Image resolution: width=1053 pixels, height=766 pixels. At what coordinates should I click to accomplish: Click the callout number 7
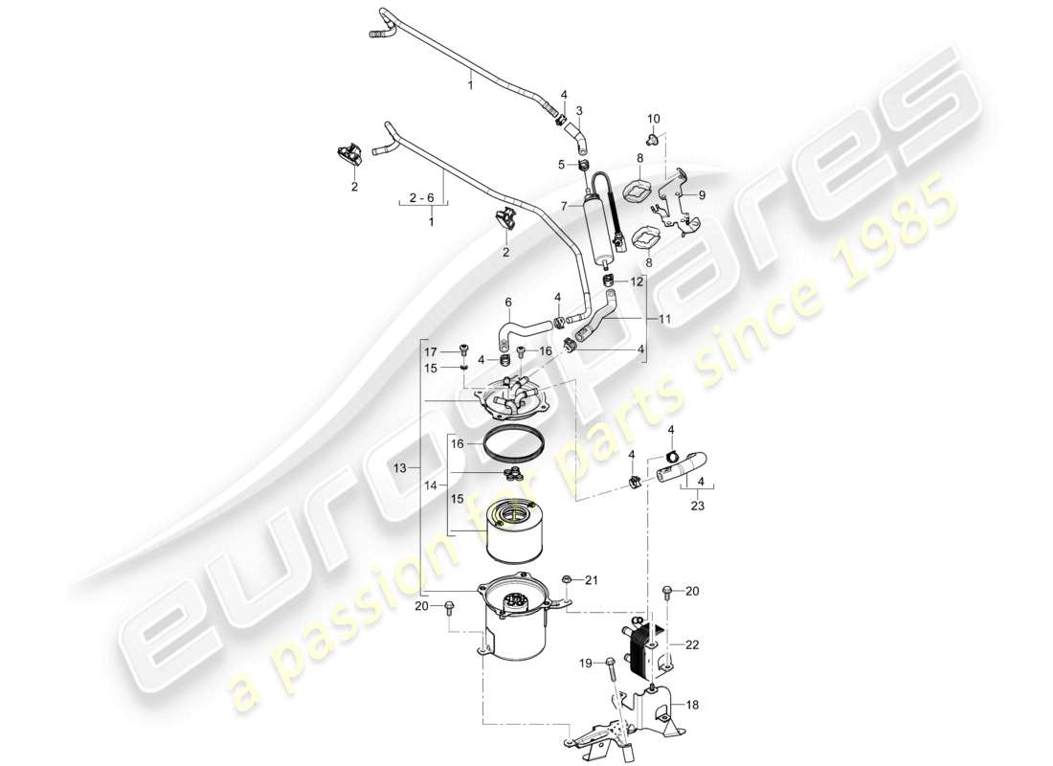(566, 204)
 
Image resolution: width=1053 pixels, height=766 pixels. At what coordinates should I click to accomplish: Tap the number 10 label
(654, 118)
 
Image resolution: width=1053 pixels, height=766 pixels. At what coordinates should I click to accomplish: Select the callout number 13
(400, 466)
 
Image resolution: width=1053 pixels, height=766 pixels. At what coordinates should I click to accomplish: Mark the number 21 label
(591, 580)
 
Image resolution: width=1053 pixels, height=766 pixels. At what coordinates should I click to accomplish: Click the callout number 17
(432, 352)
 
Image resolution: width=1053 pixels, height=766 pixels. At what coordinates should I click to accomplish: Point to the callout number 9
(702, 194)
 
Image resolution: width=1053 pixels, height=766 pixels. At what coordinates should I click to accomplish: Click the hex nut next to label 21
(568, 579)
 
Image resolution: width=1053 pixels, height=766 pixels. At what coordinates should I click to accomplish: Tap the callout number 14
(432, 486)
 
